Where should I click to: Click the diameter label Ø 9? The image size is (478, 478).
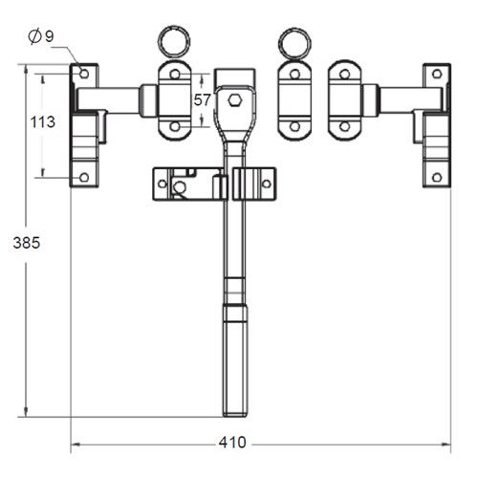41,36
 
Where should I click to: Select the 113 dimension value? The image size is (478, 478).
43,121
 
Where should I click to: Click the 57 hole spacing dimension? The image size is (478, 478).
203,99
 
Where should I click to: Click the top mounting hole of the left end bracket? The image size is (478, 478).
83,75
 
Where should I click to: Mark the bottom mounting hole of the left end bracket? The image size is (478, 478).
83,176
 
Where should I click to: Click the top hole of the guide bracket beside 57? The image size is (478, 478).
174,75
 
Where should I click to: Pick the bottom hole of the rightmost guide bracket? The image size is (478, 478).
345,126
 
